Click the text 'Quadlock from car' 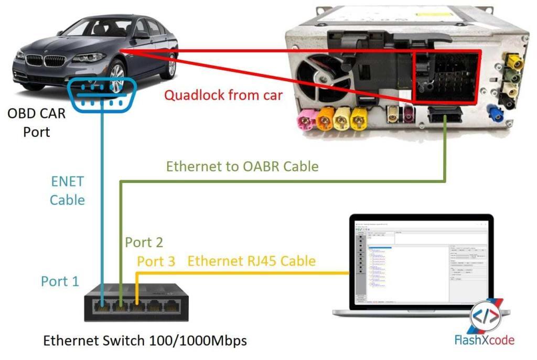224,95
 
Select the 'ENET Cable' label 67,191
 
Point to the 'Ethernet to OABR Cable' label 242,167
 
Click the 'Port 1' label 60,281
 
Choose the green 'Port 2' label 144,242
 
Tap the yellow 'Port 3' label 156,261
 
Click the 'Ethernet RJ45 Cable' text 252,261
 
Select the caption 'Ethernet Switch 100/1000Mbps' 145,341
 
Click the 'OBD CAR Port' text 37,122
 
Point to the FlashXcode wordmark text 484,340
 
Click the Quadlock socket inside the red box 446,77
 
